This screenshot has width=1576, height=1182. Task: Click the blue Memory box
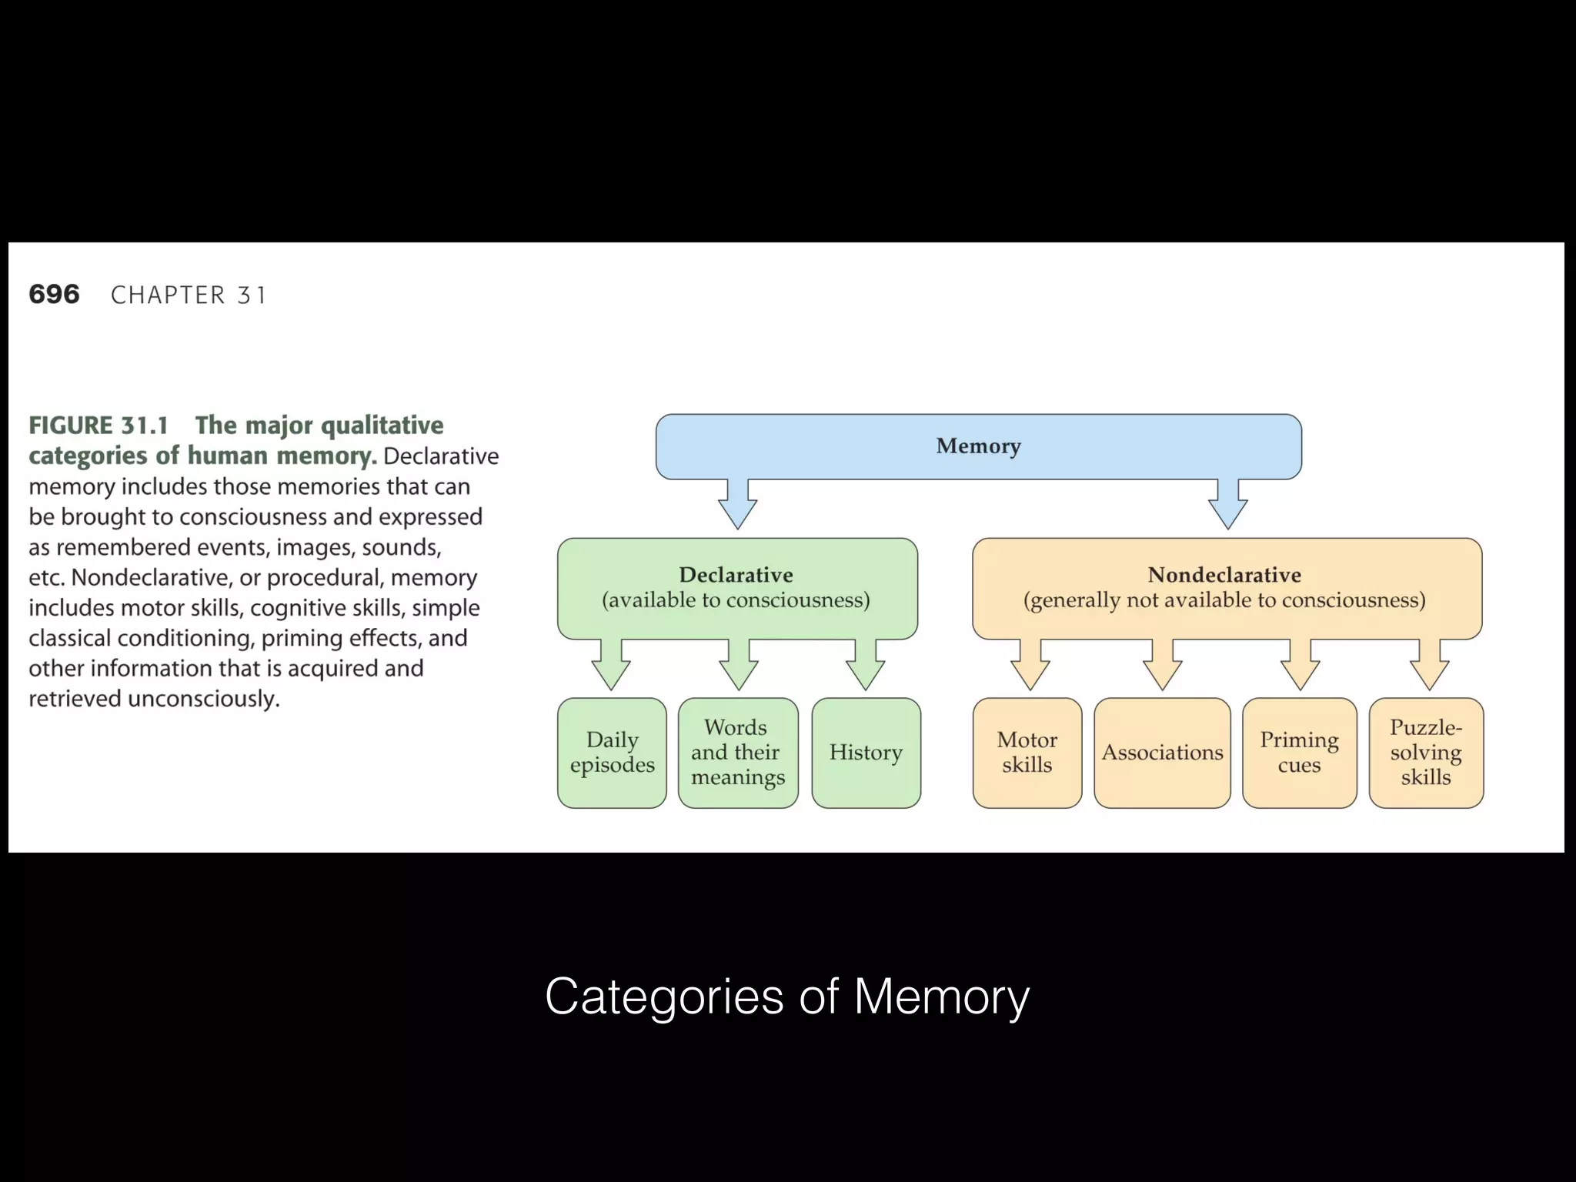978,446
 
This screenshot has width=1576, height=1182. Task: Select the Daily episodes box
612,753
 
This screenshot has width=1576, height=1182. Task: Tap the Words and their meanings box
737,753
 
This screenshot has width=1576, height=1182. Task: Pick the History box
866,753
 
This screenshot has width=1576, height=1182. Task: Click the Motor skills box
1027,753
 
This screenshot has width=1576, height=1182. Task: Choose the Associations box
1162,753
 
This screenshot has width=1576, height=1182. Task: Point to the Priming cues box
1299,753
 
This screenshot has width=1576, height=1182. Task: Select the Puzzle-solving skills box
1425,753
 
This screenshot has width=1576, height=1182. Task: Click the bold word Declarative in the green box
736,575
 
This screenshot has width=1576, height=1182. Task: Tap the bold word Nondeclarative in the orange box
1224,575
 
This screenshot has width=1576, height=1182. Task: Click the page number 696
54,295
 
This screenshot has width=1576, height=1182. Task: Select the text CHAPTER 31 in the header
189,295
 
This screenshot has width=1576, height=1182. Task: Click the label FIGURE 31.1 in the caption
98,426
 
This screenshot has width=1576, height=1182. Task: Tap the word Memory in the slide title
941,997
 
